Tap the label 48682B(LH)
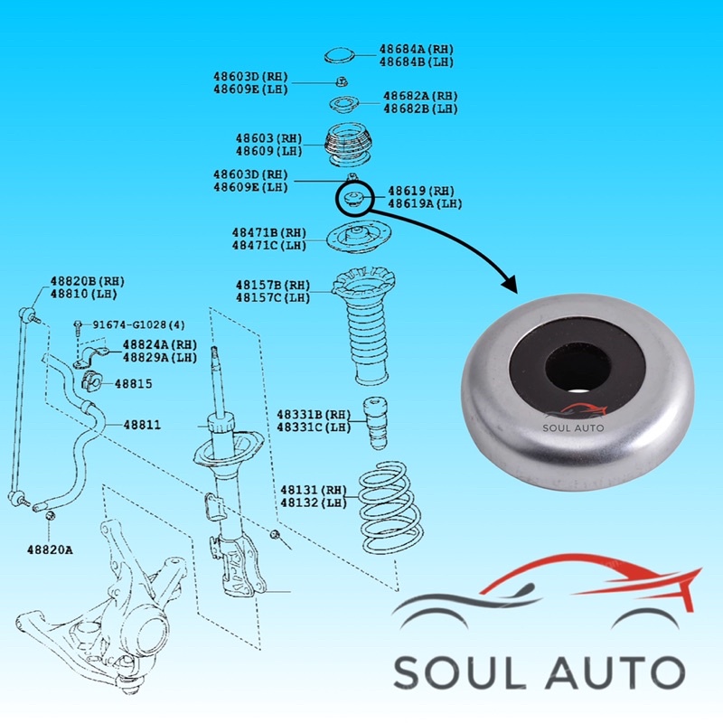pyautogui.click(x=420, y=108)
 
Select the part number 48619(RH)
pyautogui.click(x=421, y=192)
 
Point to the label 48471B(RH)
pyautogui.click(x=269, y=233)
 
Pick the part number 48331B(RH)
pyautogui.click(x=314, y=415)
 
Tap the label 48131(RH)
pyautogui.click(x=314, y=490)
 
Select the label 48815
pyautogui.click(x=133, y=384)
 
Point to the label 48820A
pyautogui.click(x=50, y=549)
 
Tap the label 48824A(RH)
pyautogui.click(x=160, y=344)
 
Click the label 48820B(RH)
pyautogui.click(x=87, y=282)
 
